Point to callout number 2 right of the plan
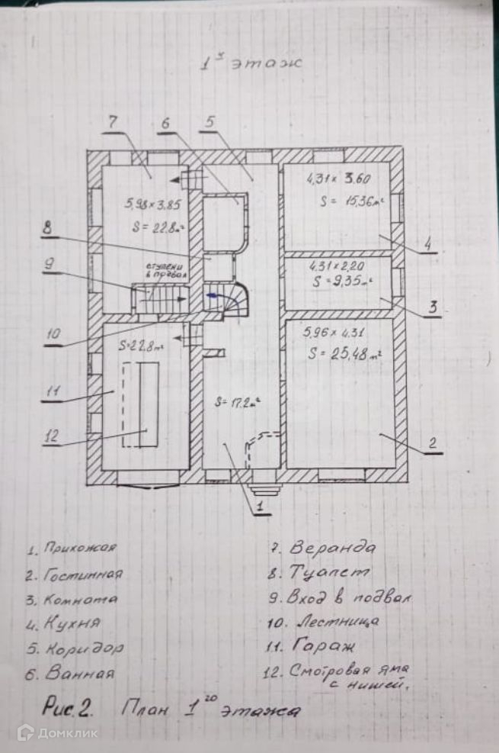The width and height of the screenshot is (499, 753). pyautogui.click(x=431, y=442)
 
